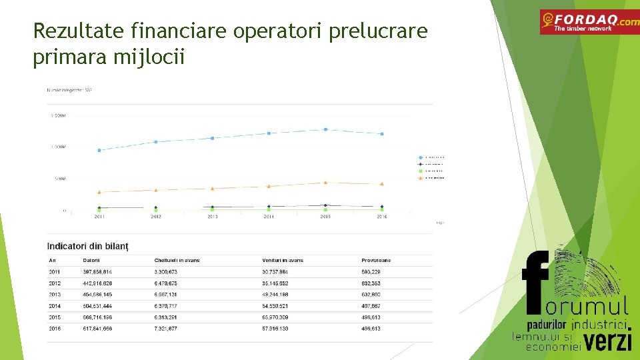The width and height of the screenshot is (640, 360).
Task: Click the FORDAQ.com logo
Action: click(x=589, y=22)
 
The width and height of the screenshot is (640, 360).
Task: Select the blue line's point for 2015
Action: click(x=325, y=129)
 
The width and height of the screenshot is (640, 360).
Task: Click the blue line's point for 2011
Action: click(x=99, y=150)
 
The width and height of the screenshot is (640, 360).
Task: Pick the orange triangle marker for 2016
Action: click(x=382, y=183)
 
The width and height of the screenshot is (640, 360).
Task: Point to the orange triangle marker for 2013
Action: click(x=212, y=188)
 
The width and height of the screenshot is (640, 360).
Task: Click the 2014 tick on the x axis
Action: click(x=269, y=217)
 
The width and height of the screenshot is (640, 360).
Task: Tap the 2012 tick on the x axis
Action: click(x=156, y=217)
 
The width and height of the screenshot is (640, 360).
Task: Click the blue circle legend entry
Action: click(x=421, y=157)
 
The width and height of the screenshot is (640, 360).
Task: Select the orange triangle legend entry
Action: click(x=421, y=178)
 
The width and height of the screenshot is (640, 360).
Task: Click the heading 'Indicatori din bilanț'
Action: click(x=88, y=247)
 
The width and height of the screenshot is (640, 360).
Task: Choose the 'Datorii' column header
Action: click(x=92, y=260)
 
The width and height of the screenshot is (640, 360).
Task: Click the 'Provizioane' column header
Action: click(x=376, y=260)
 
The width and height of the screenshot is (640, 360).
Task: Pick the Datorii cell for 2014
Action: click(x=98, y=305)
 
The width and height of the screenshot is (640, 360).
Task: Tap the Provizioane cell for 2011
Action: click(x=371, y=271)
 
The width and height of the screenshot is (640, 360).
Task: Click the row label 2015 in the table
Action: click(x=55, y=317)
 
